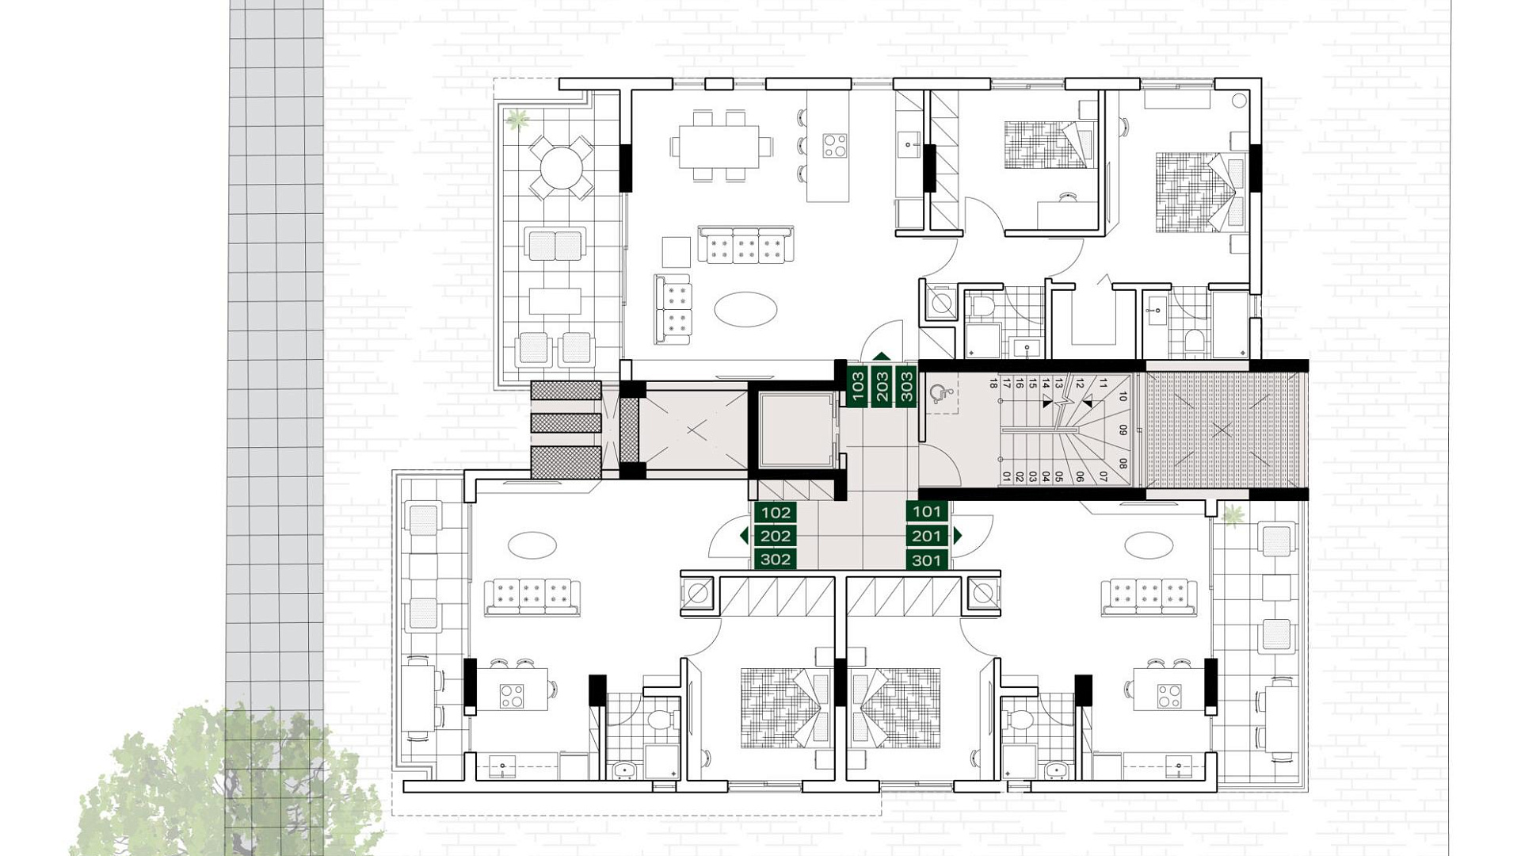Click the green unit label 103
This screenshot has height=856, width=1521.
click(x=858, y=387)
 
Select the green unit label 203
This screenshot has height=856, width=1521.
click(x=882, y=387)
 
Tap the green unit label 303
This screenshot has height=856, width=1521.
click(x=907, y=387)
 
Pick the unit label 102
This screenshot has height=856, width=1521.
click(x=776, y=512)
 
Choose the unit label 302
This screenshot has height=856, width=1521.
click(x=776, y=560)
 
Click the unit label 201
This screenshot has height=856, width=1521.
click(x=927, y=536)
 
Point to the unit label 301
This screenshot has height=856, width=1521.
click(x=927, y=560)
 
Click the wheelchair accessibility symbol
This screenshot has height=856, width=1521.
click(x=940, y=394)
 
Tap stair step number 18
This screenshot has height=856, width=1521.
click(x=993, y=384)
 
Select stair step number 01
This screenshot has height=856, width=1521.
click(x=1007, y=477)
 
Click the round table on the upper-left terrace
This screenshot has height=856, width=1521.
click(x=561, y=167)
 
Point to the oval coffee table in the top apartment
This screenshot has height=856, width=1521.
click(x=745, y=309)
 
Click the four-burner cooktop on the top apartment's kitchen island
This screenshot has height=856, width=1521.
click(x=834, y=145)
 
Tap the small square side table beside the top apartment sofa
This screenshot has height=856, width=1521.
click(x=677, y=252)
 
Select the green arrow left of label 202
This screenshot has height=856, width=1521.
click(x=744, y=536)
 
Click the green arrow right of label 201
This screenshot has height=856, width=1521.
click(x=957, y=536)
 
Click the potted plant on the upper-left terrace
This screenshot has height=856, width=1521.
click(x=518, y=120)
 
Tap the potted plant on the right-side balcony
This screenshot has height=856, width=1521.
click(x=1233, y=516)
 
